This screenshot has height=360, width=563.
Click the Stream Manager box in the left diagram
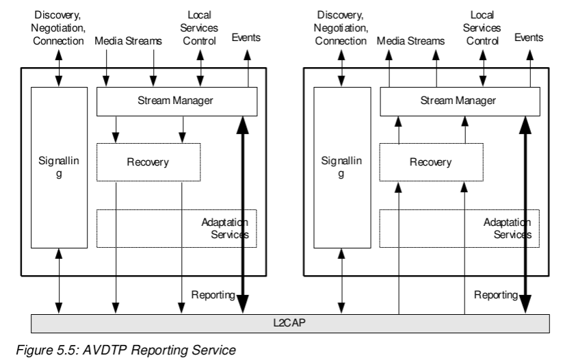pyautogui.click(x=176, y=101)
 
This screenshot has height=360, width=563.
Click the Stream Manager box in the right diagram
pyautogui.click(x=458, y=101)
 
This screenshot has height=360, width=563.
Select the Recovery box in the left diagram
pyautogui.click(x=148, y=162)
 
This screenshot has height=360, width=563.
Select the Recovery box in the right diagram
pyautogui.click(x=430, y=162)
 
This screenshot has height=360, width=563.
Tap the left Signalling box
pyautogui.click(x=59, y=168)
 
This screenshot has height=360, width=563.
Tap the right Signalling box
pyautogui.click(x=341, y=168)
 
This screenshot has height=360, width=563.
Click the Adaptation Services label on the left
pyautogui.click(x=225, y=229)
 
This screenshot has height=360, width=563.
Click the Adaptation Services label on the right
pyautogui.click(x=508, y=229)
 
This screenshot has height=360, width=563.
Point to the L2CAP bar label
pyautogui.click(x=291, y=322)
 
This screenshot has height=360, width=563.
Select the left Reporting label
pyautogui.click(x=213, y=295)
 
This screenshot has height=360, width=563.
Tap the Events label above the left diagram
pyautogui.click(x=247, y=39)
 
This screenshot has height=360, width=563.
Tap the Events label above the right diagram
pyautogui.click(x=529, y=39)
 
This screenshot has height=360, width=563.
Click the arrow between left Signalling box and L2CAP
pyautogui.click(x=59, y=281)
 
